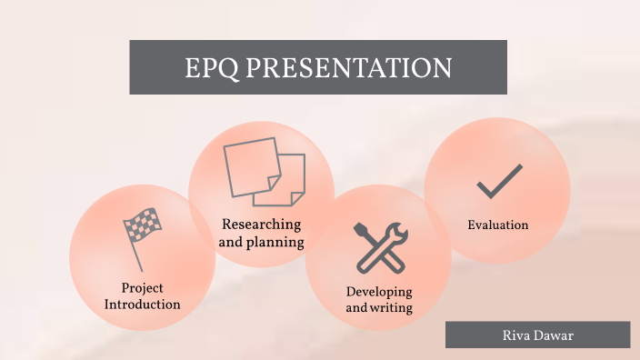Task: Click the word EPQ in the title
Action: (212, 68)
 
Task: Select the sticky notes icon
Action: (264, 172)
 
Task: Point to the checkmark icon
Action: (499, 182)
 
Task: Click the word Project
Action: (142, 289)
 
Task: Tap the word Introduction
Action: (142, 305)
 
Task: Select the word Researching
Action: (261, 225)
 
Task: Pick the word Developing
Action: (379, 292)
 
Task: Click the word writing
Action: (392, 308)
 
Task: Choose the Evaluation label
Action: (497, 225)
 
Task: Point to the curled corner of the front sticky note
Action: (296, 195)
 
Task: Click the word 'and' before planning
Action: (231, 243)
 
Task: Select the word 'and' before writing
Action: (355, 308)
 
